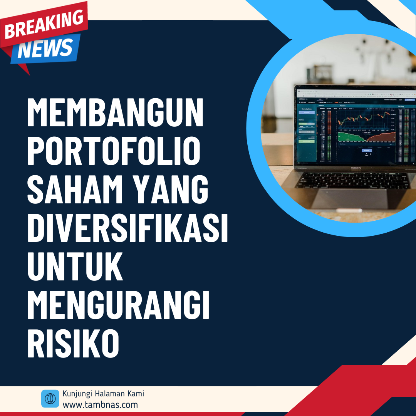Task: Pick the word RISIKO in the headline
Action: click(73, 343)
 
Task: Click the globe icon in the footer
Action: click(50, 399)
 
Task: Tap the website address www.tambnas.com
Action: click(100, 404)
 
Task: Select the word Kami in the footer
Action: click(136, 394)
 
